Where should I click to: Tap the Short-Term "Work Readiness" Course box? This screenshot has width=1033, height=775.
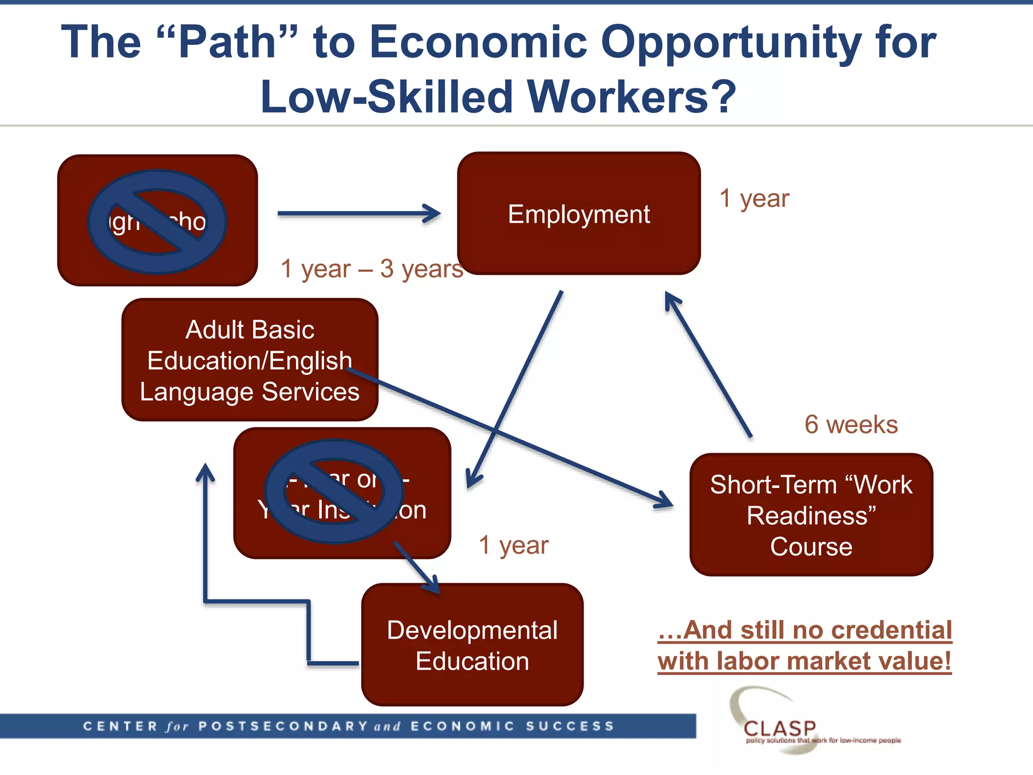click(811, 515)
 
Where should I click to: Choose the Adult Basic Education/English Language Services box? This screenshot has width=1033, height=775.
click(250, 360)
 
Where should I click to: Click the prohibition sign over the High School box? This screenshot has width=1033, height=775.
click(157, 222)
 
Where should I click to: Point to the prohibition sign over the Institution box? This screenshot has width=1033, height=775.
click(334, 491)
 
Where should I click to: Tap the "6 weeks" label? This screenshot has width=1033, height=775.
click(851, 424)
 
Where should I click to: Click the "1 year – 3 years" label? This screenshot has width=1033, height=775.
click(372, 268)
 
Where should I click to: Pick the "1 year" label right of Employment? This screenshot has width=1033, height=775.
click(754, 198)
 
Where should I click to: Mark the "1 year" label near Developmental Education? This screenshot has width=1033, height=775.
click(513, 545)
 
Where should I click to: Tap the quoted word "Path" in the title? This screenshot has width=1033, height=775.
click(227, 42)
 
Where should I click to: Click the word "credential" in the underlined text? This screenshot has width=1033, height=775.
click(891, 630)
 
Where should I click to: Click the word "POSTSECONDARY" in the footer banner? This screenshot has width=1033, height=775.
click(283, 726)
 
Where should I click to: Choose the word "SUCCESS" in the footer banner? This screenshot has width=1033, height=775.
click(570, 726)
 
